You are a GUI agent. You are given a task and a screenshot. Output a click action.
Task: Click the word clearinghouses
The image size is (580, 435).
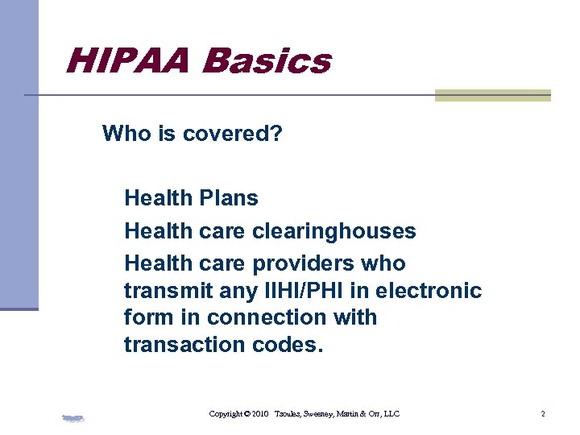334,231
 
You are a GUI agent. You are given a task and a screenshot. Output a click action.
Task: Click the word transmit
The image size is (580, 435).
164,290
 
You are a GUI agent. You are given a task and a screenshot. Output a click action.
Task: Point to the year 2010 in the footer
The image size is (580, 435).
259,414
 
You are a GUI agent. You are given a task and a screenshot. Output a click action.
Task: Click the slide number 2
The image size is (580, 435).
543,414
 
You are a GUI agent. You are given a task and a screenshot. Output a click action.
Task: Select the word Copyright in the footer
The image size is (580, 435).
226,414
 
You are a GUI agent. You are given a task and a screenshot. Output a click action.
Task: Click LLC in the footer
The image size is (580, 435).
391,414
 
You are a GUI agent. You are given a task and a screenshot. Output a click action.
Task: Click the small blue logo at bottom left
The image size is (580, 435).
73,417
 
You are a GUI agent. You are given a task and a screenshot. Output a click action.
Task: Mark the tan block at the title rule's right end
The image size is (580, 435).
492,95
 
